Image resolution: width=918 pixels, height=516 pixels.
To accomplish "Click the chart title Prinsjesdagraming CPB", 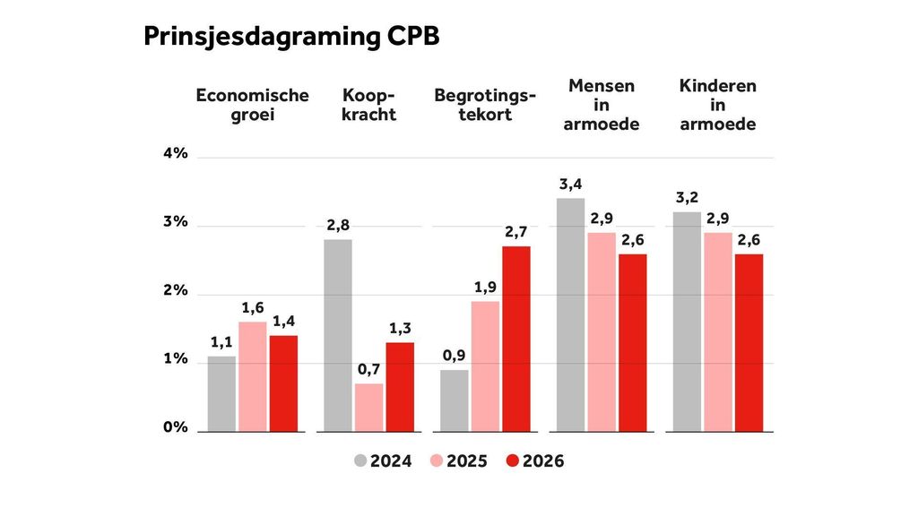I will (x=291, y=37).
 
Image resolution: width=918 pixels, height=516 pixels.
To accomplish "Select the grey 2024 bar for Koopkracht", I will (x=338, y=335).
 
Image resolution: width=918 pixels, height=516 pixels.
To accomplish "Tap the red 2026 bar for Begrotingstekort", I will (x=516, y=339).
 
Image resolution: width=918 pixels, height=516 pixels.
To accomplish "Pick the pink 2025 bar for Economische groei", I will (x=253, y=376).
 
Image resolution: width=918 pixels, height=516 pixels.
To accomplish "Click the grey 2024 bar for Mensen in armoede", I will (x=571, y=314).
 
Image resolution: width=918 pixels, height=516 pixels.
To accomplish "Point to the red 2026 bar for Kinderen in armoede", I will (x=749, y=342).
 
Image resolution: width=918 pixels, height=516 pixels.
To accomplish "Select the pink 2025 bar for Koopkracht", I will (x=368, y=408).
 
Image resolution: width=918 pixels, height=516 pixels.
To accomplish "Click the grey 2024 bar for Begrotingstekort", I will (x=455, y=400).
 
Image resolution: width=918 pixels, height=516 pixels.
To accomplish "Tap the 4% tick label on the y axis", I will (x=175, y=153).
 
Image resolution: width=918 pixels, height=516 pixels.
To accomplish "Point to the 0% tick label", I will (x=175, y=427).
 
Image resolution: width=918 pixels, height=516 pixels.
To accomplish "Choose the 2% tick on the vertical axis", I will (x=175, y=291).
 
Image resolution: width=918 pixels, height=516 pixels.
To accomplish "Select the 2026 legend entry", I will (x=535, y=461).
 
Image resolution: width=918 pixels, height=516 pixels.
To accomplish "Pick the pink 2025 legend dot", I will (x=437, y=461).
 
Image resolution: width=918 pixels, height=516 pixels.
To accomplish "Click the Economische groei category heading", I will (x=252, y=105).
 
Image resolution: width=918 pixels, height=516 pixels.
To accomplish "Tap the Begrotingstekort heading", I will (x=485, y=105).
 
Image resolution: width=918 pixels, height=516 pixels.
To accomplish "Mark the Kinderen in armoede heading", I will (x=717, y=105).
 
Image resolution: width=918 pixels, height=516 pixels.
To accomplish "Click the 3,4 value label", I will (x=571, y=185).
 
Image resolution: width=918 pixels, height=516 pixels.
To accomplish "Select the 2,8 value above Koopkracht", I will (x=338, y=226).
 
